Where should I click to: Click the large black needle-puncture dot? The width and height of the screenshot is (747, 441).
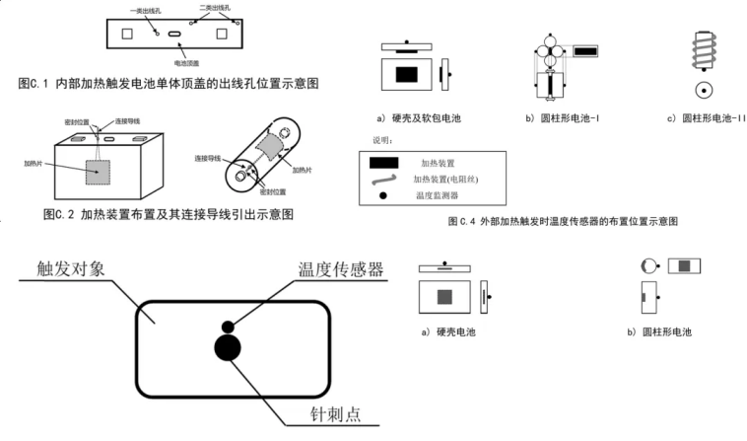(228, 348)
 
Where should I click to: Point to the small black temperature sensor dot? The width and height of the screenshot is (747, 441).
(228, 326)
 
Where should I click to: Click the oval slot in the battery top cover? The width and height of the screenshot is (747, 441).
(174, 35)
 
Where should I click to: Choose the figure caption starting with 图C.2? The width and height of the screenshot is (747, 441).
(169, 213)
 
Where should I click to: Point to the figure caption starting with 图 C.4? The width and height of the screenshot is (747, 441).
(563, 222)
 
